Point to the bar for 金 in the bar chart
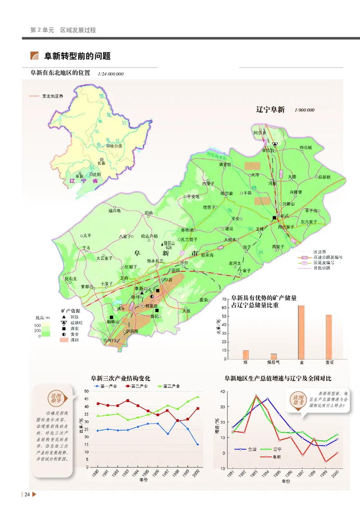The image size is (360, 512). pos(301,332)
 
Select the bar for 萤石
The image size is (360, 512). pos(329,337)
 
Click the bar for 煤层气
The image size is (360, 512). pos(274,356)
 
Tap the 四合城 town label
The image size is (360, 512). pos(306,147)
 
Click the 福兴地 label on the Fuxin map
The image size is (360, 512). pos(114,210)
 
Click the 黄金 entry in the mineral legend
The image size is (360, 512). pos(75,335)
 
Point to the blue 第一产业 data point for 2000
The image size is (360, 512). pos(198,444)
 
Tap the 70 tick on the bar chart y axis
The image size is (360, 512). pos(224,299)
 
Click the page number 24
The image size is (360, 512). pos(27,495)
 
